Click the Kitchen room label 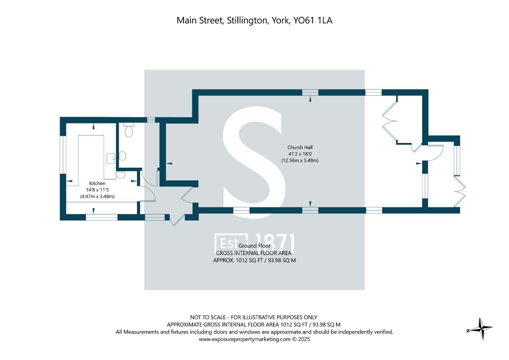[x=97, y=183]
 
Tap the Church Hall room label [x=300, y=147]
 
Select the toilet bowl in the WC [x=129, y=130]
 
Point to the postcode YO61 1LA [x=313, y=20]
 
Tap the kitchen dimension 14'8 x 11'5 [x=97, y=190]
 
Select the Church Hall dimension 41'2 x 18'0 [x=300, y=154]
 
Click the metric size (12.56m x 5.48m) [x=300, y=160]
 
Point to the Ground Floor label [x=254, y=246]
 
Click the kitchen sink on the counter [x=111, y=158]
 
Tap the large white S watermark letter [x=254, y=163]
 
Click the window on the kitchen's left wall [x=63, y=155]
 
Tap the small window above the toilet [x=151, y=120]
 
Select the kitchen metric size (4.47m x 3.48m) [x=97, y=196]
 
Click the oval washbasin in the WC [x=123, y=156]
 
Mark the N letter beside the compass [x=468, y=331]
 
